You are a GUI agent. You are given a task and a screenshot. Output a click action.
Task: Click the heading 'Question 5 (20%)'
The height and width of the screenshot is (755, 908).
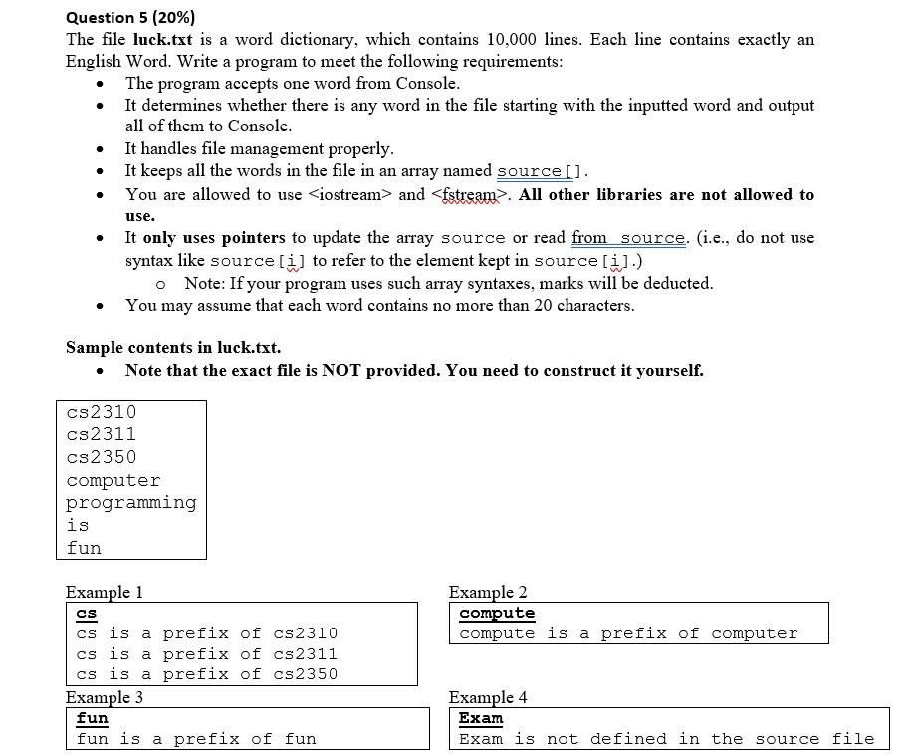point(130,17)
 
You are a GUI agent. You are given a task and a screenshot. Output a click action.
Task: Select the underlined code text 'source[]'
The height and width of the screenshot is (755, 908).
point(541,171)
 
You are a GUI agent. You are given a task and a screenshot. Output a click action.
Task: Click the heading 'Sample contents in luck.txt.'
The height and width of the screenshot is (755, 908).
point(173,347)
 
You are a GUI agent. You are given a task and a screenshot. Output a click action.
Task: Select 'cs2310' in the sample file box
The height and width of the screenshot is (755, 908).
point(102,412)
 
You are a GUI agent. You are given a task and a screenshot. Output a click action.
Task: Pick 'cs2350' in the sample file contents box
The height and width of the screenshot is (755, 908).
point(102,457)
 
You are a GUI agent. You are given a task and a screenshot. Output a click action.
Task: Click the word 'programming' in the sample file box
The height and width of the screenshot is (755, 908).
point(131,503)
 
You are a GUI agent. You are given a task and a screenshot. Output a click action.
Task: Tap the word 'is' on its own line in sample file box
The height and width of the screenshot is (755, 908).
point(78,525)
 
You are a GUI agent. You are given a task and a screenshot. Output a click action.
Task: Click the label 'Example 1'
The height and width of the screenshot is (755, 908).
point(105,592)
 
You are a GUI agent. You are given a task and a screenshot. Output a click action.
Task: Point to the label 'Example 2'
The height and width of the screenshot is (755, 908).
point(488,592)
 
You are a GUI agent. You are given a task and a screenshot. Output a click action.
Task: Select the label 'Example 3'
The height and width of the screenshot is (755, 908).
point(105,697)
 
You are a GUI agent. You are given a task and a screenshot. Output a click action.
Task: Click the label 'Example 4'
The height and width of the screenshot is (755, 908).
point(488,697)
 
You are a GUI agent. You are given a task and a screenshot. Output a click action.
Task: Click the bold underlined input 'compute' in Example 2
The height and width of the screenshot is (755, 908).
point(497,613)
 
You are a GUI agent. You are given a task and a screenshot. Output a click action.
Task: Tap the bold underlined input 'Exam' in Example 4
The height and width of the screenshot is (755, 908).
point(481,718)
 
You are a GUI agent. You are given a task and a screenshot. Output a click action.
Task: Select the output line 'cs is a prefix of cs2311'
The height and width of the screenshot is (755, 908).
point(207,654)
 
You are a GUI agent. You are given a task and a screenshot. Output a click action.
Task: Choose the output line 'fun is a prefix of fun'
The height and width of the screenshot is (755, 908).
point(196,739)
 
